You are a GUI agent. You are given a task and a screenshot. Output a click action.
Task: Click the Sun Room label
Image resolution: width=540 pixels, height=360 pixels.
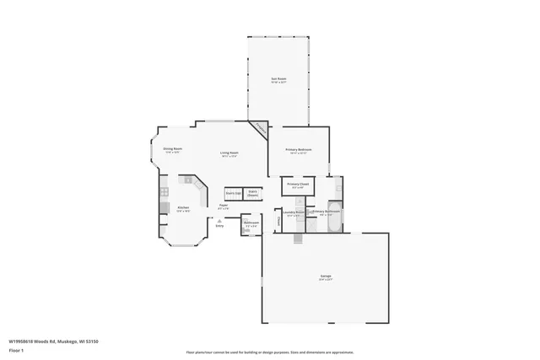278,80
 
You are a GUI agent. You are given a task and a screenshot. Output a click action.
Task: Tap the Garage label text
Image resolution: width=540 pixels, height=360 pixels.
326,276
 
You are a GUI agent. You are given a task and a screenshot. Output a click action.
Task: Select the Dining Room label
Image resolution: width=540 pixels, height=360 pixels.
173,149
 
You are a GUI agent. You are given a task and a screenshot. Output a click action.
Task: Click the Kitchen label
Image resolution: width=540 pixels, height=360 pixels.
183,207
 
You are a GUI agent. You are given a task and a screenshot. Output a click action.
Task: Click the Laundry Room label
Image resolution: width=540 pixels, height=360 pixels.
294,213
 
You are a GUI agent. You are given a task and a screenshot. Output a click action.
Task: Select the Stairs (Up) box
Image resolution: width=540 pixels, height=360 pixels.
233,193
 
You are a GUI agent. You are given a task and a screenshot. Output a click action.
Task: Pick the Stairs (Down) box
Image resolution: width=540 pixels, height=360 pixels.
253,193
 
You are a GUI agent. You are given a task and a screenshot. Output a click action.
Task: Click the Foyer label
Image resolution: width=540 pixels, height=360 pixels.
224,206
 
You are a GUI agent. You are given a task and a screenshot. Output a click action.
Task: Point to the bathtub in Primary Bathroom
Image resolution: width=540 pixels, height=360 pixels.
334,212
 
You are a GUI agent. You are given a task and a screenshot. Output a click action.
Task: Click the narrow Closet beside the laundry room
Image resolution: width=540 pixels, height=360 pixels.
278,221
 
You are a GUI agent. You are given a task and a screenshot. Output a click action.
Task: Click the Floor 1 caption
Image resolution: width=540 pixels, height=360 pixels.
16,349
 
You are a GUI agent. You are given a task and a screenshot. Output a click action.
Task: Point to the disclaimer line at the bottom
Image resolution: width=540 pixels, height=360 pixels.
269,352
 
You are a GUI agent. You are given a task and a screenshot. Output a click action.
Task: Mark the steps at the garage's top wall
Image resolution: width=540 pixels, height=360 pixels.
298,239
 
